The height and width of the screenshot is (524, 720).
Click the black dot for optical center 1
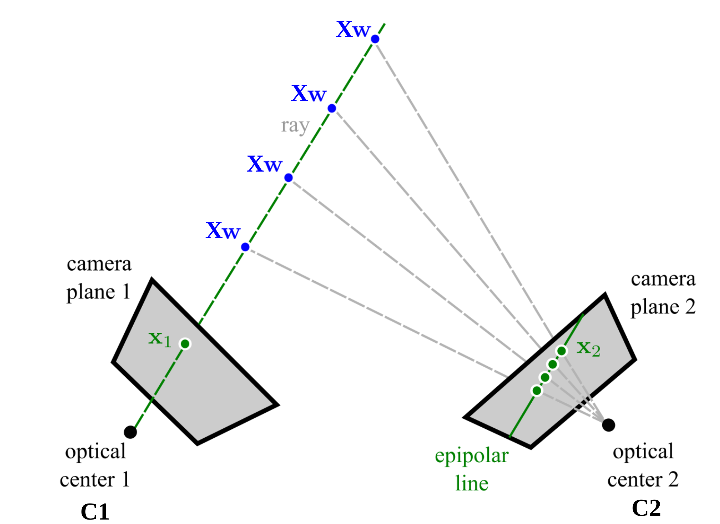click(x=130, y=432)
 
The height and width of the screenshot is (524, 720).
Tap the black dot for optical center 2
click(x=608, y=425)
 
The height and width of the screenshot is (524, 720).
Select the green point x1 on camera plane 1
click(x=185, y=344)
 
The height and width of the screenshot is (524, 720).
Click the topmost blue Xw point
click(x=375, y=39)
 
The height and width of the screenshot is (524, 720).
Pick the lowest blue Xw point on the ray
click(x=245, y=247)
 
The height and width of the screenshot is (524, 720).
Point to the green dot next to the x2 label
click(x=562, y=351)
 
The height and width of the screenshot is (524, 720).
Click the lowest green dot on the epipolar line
click(x=537, y=391)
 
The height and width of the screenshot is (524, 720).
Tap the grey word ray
click(x=295, y=126)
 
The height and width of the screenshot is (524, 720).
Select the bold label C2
click(x=646, y=508)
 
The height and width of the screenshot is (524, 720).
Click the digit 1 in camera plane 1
click(x=127, y=291)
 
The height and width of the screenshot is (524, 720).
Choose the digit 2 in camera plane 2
click(x=690, y=307)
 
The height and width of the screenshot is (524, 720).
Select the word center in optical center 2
click(x=634, y=480)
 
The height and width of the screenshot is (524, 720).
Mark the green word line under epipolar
click(x=472, y=483)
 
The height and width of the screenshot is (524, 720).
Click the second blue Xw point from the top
click(x=332, y=108)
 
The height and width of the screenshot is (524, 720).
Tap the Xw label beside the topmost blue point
click(x=353, y=30)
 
